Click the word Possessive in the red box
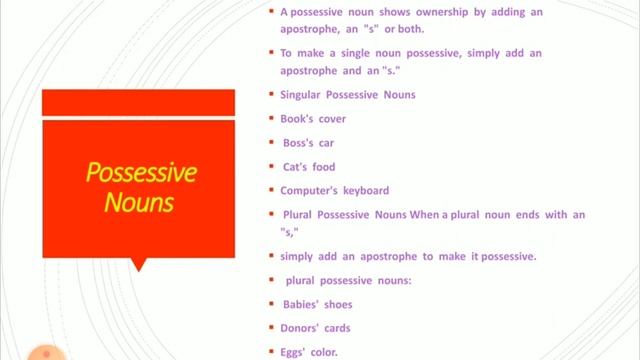pos(140,173)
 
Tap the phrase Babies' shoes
pos(316,304)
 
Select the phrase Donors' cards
pos(315,328)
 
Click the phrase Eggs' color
pos(309,352)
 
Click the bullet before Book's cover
pos(271,118)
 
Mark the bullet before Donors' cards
pos(271,327)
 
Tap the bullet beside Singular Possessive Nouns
pos(271,94)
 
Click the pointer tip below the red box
pos(138,268)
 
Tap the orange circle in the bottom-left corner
pos(42,353)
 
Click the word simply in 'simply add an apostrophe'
pos(298,256)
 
